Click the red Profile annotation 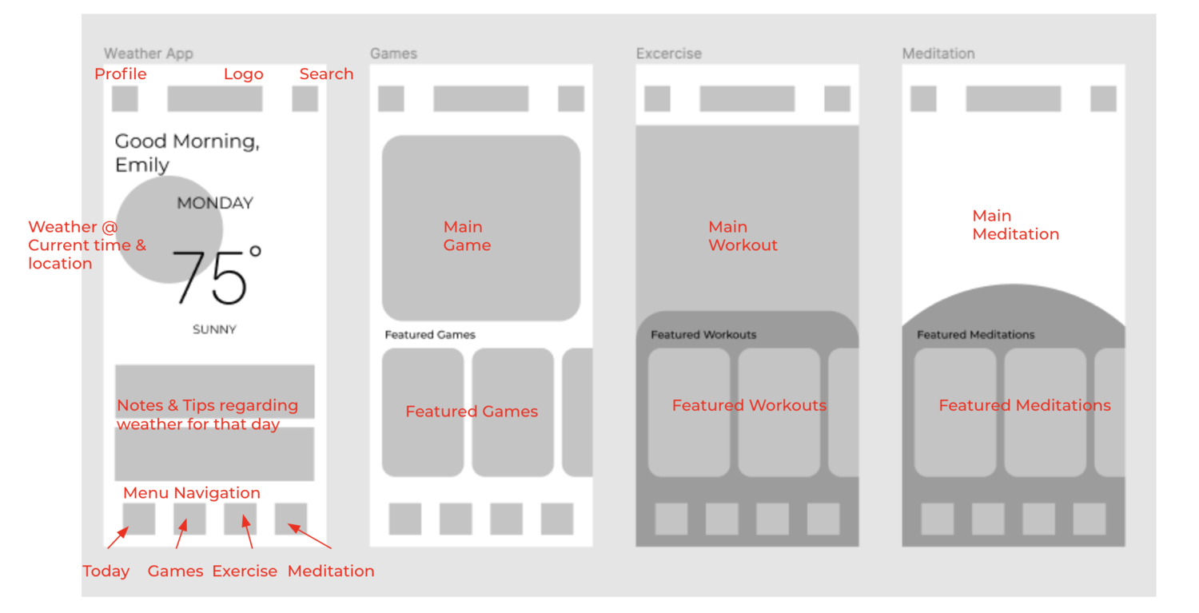[121, 74]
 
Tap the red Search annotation [326, 74]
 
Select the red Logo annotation [243, 74]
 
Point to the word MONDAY [214, 203]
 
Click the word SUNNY [214, 329]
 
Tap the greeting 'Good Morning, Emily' [187, 153]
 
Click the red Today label [106, 571]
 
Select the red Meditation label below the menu [331, 571]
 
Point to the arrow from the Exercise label [248, 532]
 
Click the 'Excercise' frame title [668, 54]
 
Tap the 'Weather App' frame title [149, 54]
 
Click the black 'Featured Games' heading [430, 335]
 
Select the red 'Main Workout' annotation [743, 236]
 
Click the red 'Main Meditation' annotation [1015, 225]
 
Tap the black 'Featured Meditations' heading [975, 335]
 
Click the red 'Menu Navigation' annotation [192, 493]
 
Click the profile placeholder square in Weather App [125, 99]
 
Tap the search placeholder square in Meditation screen [1103, 99]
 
